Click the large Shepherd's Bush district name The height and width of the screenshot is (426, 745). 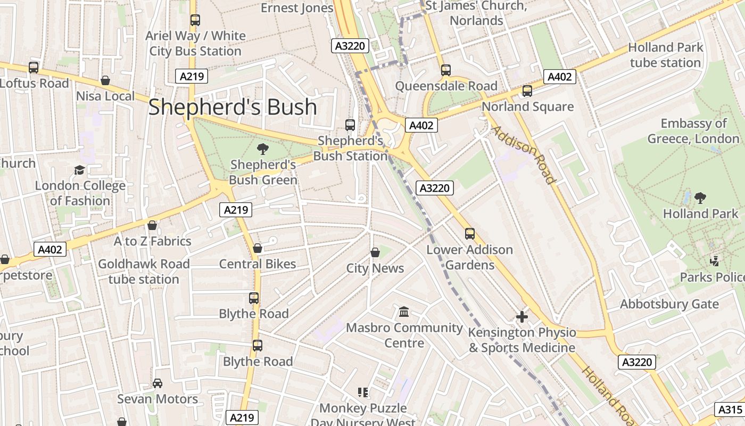point(233,107)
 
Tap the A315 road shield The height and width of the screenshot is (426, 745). point(730,409)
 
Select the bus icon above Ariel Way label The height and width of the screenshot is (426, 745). point(195,20)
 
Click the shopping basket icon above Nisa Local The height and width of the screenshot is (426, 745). point(105,80)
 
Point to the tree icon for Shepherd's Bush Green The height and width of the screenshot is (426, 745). point(262,149)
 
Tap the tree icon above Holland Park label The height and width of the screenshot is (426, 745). point(700,198)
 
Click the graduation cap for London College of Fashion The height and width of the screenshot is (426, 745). point(79,170)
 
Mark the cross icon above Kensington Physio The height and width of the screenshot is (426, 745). point(522,317)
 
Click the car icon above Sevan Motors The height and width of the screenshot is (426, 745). point(158,383)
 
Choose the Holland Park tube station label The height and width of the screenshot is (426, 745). point(665,55)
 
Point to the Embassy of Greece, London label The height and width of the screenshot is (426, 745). point(693,131)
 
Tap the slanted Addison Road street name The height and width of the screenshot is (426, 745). point(523,154)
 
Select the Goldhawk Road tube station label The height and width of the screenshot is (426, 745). point(144,272)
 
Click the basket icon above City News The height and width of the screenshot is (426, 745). point(375,252)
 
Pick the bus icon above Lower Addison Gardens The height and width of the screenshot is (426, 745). point(469,234)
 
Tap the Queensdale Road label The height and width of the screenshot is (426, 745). point(446,86)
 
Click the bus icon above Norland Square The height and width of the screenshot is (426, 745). point(527,91)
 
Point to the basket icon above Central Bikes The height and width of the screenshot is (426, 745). point(258,248)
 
